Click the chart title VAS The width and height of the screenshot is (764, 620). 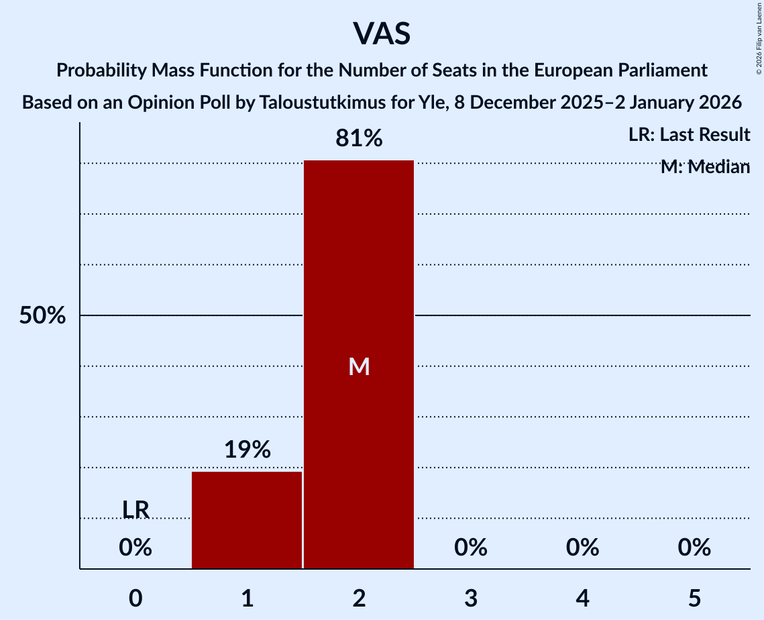[381, 34]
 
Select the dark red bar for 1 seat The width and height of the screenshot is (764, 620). [247, 520]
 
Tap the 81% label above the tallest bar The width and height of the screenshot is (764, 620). [359, 138]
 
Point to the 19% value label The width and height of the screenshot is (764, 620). [247, 450]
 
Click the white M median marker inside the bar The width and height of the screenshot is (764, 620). [359, 366]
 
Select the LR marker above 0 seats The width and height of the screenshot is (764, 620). [135, 509]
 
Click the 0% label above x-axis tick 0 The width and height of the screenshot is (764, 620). [135, 548]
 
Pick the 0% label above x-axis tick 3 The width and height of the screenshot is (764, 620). [471, 548]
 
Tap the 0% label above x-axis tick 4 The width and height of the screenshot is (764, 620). [582, 548]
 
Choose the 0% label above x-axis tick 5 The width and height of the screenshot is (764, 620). [694, 548]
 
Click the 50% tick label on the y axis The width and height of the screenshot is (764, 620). [42, 315]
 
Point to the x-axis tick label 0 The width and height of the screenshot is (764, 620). [135, 598]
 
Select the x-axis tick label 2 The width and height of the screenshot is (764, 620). [359, 598]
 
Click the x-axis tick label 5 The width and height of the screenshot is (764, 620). [694, 598]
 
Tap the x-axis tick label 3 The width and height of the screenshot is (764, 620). [471, 598]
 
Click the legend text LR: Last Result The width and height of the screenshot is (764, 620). [689, 135]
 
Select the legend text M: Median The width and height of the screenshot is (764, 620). [705, 167]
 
